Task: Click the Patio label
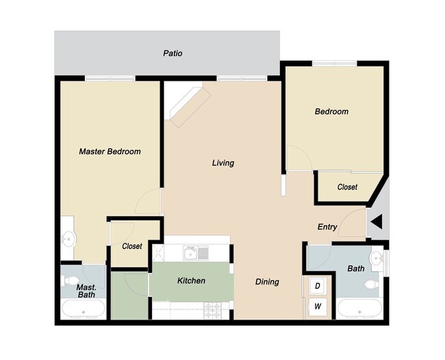(x=173, y=53)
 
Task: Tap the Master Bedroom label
(x=110, y=151)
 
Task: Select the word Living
(x=223, y=163)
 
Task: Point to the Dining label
(x=267, y=281)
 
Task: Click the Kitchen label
(x=191, y=281)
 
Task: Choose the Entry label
(x=327, y=227)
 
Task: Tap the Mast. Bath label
(x=86, y=291)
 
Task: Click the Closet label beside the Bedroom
(x=347, y=187)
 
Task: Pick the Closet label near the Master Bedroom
(x=131, y=246)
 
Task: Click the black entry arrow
(x=377, y=222)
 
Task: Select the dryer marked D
(x=318, y=285)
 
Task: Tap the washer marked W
(x=318, y=307)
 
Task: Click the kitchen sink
(x=195, y=253)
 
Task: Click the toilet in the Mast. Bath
(x=71, y=281)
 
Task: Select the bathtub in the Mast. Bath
(x=84, y=310)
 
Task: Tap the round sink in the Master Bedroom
(x=68, y=239)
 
